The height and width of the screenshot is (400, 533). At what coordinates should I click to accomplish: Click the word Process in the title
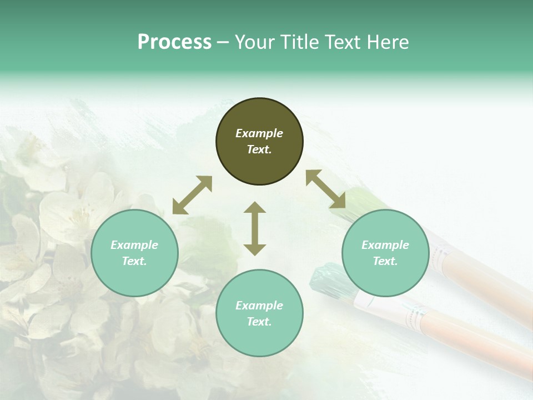click(x=174, y=42)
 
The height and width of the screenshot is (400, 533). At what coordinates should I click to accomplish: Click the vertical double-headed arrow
click(x=255, y=228)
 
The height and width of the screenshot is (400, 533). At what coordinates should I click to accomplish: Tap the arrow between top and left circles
click(x=192, y=195)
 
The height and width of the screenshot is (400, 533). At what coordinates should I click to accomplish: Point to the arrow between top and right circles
click(x=325, y=189)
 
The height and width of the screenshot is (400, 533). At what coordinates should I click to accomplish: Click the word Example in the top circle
click(x=259, y=133)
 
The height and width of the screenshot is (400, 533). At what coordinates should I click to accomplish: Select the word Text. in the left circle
click(x=134, y=261)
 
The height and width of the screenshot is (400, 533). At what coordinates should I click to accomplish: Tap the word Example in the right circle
click(x=385, y=245)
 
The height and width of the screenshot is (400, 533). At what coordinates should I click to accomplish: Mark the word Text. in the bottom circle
click(x=259, y=322)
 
